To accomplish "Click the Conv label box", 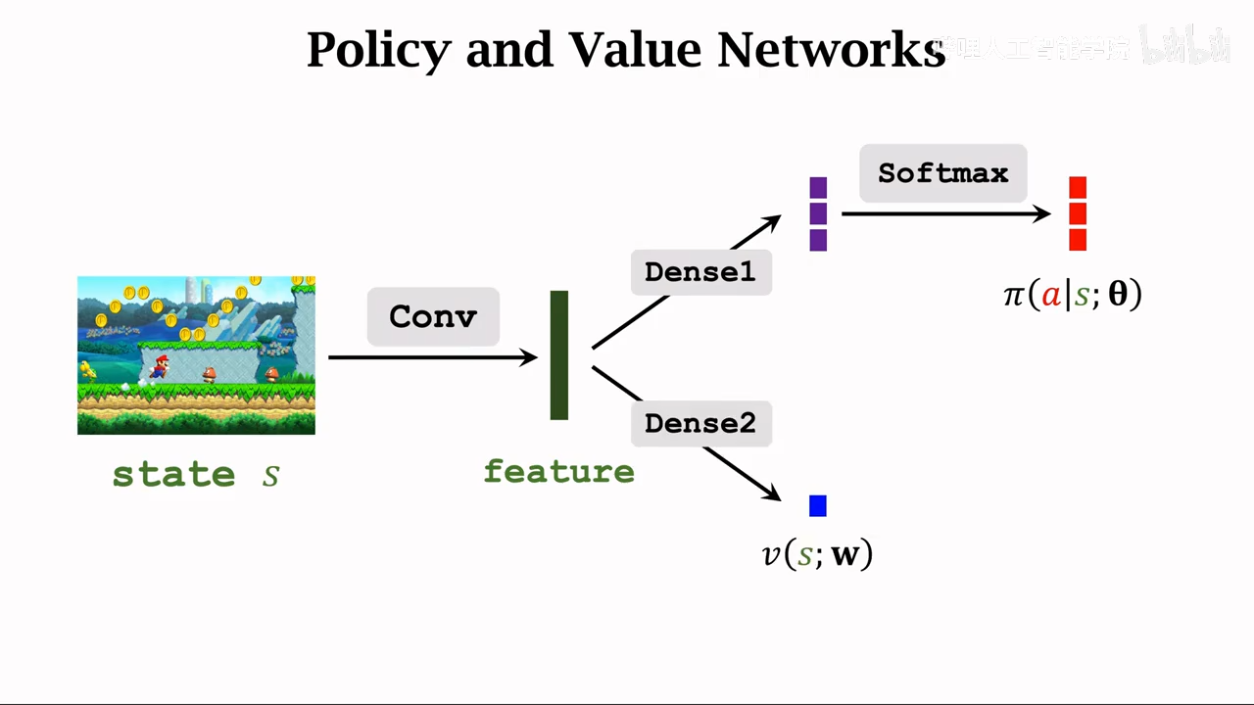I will tap(433, 316).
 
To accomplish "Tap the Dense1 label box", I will tap(700, 272).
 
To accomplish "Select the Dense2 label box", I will tap(700, 424).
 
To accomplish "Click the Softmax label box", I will tap(942, 173).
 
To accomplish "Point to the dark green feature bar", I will tap(559, 354).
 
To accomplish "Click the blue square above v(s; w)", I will tap(818, 505).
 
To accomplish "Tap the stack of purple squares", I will tap(818, 213).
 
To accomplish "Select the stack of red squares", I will tap(1078, 213).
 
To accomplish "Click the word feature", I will tap(558, 472).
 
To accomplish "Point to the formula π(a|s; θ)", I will tap(1073, 294).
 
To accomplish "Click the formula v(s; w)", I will tap(817, 555).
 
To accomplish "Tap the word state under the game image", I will tap(173, 475).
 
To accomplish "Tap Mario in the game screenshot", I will tap(159, 367).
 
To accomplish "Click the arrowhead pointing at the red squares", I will tap(1042, 213).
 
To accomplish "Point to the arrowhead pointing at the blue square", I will tap(771, 493).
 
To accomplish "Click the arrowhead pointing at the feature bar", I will tap(529, 357).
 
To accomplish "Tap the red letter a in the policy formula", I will tap(1051, 295).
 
